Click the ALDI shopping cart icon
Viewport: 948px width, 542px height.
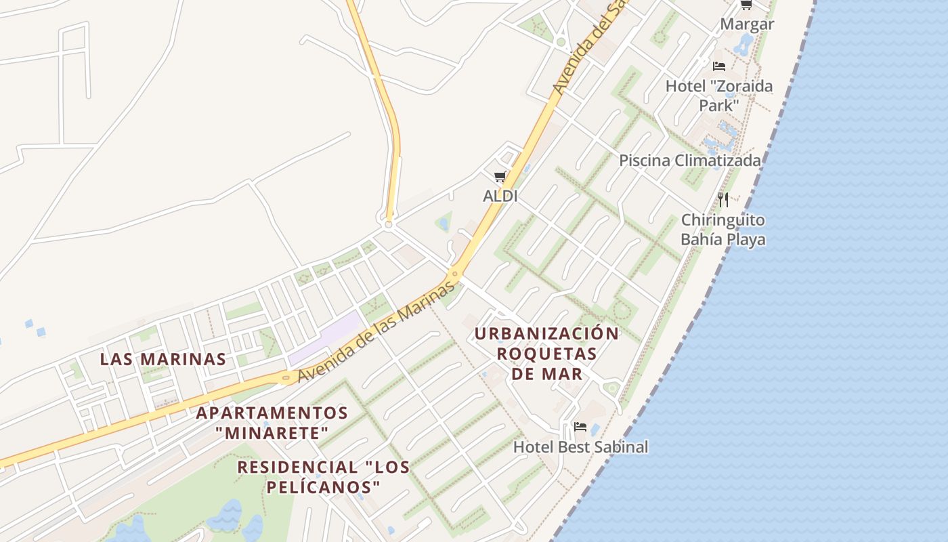coord(500,178)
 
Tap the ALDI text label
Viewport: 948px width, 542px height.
coord(500,196)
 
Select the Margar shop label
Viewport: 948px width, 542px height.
coord(747,24)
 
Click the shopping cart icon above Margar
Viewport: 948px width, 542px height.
coord(746,5)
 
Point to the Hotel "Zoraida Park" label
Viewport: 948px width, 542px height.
coord(718,96)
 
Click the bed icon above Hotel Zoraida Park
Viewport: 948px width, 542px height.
coord(719,66)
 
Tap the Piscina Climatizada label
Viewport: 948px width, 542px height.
coord(690,161)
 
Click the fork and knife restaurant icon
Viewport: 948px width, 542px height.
coord(723,199)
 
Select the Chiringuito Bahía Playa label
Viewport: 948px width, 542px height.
coord(723,230)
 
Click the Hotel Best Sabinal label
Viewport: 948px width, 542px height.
coord(580,447)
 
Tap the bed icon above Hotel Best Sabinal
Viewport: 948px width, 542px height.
coord(580,427)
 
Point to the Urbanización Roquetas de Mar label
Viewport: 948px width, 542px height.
coord(546,353)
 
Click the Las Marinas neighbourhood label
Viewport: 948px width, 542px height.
coord(163,359)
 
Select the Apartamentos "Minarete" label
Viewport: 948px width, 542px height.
coord(272,422)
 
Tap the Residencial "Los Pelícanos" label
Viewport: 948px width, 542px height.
coord(324,476)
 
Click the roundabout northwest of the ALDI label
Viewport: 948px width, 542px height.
coord(389,223)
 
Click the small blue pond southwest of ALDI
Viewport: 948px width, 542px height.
coord(444,222)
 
